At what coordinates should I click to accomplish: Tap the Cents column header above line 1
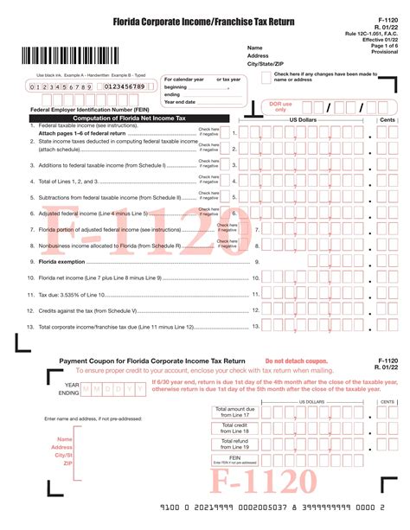point(388,119)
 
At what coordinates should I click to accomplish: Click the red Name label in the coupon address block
point(64,439)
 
